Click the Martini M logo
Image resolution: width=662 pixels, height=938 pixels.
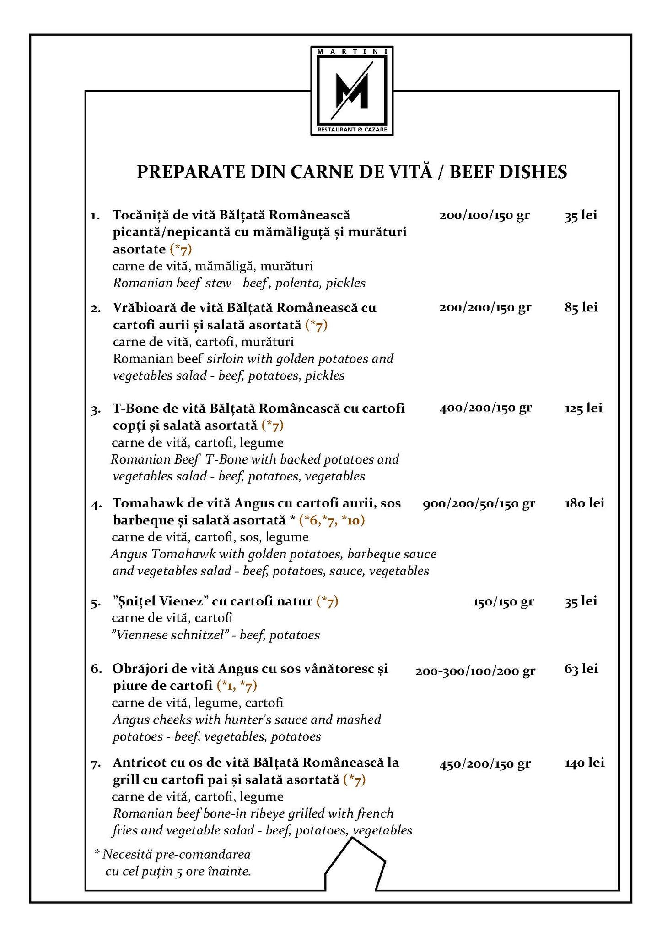point(351,91)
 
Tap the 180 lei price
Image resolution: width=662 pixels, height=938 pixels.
point(584,503)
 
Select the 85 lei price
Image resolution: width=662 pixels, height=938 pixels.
point(581,307)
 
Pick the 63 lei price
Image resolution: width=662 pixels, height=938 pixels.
point(581,669)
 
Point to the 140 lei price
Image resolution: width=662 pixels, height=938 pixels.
point(584,763)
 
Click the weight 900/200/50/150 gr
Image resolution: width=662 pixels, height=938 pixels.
point(479,504)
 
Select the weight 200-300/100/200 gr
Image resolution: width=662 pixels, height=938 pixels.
point(475,671)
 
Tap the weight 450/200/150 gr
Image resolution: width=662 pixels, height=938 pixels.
point(485,764)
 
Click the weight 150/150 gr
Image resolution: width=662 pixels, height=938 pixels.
point(503,601)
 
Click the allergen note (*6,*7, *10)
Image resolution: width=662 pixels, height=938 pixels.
point(332,520)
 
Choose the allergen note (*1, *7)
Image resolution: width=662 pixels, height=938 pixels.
point(237,686)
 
